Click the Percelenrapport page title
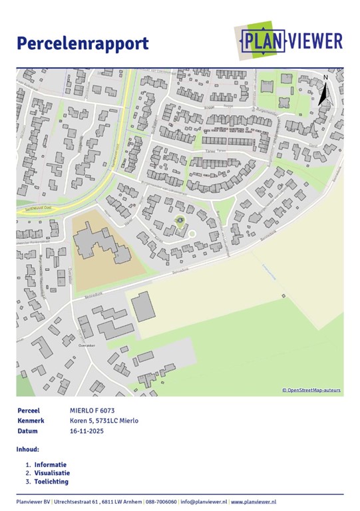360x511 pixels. (83, 44)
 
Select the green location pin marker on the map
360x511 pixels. (178, 220)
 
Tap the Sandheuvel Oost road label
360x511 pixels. (35, 207)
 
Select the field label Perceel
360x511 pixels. (29, 411)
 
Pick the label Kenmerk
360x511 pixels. (31, 421)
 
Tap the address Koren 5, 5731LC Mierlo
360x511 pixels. (104, 421)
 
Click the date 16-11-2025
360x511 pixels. (87, 431)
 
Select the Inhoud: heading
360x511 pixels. (28, 450)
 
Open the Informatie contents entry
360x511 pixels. (51, 464)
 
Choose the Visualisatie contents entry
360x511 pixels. (52, 473)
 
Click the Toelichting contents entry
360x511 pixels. (51, 482)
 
